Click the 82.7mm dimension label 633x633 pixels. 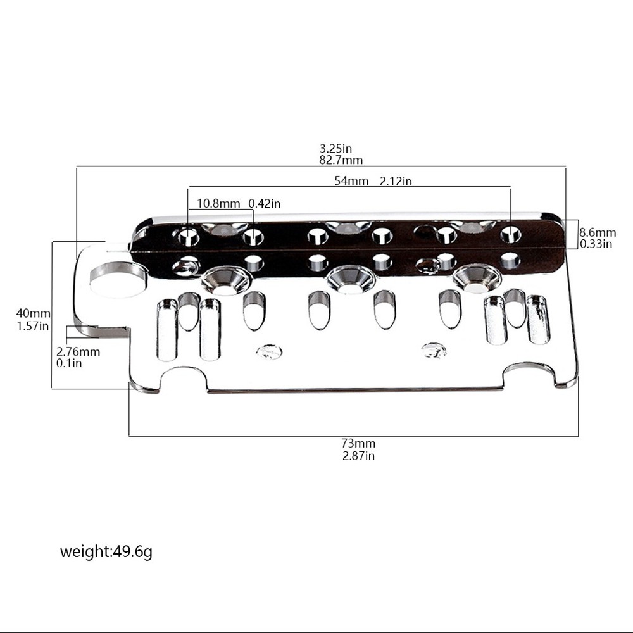(x=341, y=161)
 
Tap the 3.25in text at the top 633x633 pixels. (x=336, y=149)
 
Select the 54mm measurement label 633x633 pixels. (x=351, y=181)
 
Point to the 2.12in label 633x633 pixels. (x=396, y=181)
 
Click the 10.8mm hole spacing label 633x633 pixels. (x=218, y=203)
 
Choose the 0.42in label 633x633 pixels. (x=264, y=203)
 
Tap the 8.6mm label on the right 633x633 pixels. (x=598, y=233)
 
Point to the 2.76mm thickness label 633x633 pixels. (x=78, y=352)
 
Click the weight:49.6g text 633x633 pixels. (x=106, y=551)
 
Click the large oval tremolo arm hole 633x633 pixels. (x=118, y=279)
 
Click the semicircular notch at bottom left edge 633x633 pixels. (x=184, y=380)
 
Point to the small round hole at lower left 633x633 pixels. (x=269, y=351)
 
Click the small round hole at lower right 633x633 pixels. (x=434, y=349)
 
